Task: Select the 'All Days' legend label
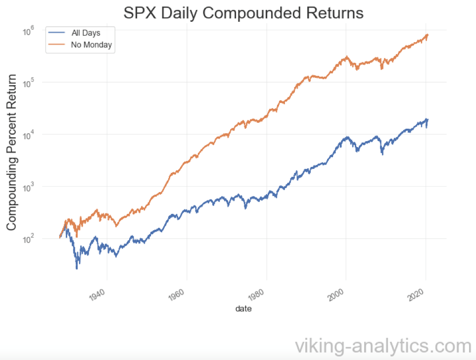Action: pos(86,33)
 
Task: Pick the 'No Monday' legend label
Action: pos(92,46)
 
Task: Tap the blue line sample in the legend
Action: pos(56,33)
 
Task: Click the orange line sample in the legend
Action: pos(56,46)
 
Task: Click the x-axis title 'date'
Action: pos(243,309)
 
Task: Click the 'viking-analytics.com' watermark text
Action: pos(382,345)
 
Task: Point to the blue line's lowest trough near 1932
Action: pos(77,268)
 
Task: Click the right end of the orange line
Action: pos(428,35)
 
